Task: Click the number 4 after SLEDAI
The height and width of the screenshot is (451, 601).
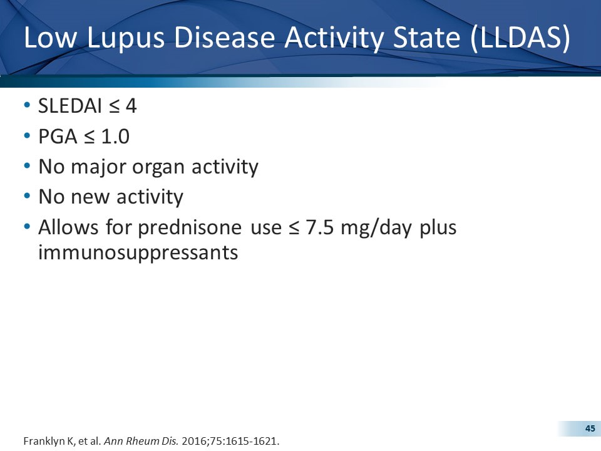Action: tap(130, 106)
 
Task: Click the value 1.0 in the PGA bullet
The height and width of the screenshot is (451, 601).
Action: tap(115, 136)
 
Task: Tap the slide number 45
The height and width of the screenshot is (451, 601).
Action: tap(590, 428)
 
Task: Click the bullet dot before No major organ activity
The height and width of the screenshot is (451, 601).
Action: tap(26, 167)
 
